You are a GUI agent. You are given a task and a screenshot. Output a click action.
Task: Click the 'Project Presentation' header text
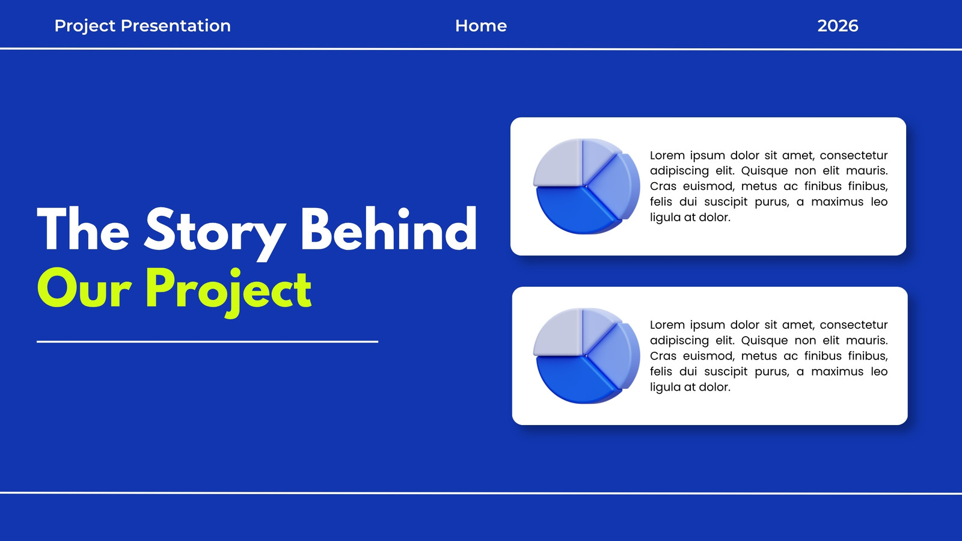click(142, 26)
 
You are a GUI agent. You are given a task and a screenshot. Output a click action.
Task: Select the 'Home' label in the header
click(481, 26)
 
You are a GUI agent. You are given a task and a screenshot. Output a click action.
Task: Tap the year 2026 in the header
click(838, 26)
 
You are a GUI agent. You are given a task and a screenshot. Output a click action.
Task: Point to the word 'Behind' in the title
click(388, 229)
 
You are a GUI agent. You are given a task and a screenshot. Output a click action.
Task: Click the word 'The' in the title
click(83, 229)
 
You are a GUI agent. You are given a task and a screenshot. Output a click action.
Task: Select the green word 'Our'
click(84, 289)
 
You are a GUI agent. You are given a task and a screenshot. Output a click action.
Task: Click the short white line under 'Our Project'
click(207, 342)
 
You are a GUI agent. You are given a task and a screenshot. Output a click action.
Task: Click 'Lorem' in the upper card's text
click(667, 155)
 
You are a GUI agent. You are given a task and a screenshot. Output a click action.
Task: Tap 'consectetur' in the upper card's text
click(854, 156)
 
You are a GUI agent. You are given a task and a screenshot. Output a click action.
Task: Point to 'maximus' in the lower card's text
click(837, 371)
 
